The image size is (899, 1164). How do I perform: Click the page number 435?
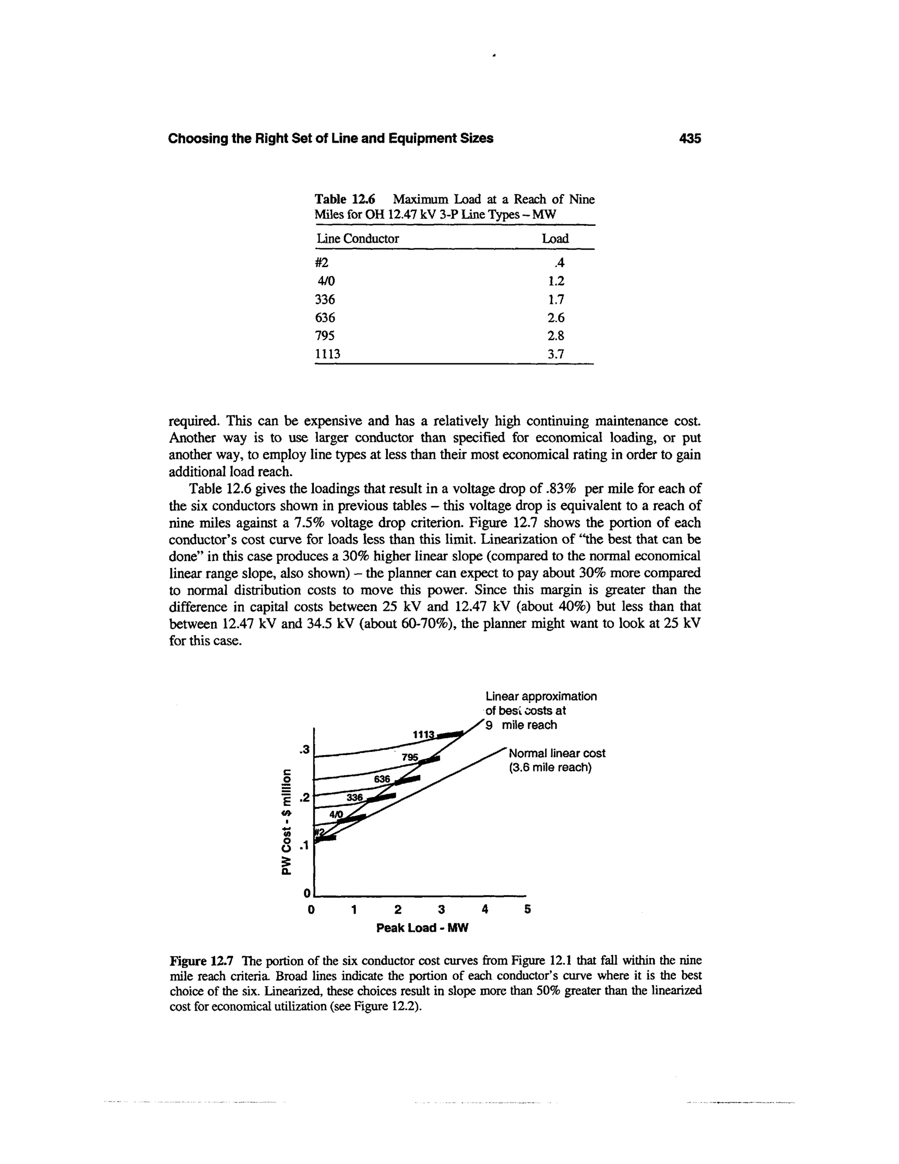pyautogui.click(x=690, y=138)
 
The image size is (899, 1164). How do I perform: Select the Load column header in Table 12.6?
pyautogui.click(x=555, y=239)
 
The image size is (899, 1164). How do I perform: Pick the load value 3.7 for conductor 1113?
pyautogui.click(x=555, y=354)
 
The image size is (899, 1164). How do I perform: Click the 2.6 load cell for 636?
pyautogui.click(x=555, y=318)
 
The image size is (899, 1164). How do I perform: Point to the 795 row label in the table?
pyautogui.click(x=325, y=336)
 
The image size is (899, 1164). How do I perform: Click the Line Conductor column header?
pyautogui.click(x=357, y=239)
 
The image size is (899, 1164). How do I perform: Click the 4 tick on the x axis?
pyautogui.click(x=484, y=910)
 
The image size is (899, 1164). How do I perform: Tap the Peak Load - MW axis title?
pyautogui.click(x=422, y=928)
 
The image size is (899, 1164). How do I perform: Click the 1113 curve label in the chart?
pyautogui.click(x=424, y=734)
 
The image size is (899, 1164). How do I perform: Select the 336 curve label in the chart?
pyautogui.click(x=355, y=797)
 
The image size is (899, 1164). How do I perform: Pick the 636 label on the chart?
pyautogui.click(x=382, y=779)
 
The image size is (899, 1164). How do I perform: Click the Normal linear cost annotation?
pyautogui.click(x=557, y=760)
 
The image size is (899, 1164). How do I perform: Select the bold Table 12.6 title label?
pyautogui.click(x=345, y=199)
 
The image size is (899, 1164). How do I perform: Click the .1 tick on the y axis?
pyautogui.click(x=304, y=845)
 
